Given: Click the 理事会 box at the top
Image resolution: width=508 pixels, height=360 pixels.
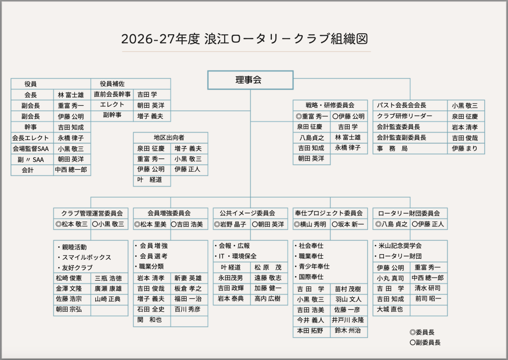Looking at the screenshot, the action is pos(250,80).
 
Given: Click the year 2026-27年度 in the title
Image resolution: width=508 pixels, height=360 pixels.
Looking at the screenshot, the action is pos(160,39).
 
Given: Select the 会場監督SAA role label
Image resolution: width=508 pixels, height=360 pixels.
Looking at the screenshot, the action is pos(31,148).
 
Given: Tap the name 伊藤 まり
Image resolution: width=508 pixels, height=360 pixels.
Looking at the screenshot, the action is pos(465,148).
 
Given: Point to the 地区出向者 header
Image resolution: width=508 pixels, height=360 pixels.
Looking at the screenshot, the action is pos(169,138).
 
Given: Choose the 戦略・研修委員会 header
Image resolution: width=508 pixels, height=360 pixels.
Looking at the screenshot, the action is pos(330,105).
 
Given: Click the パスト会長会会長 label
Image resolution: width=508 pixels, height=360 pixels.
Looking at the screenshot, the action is pos(401,105).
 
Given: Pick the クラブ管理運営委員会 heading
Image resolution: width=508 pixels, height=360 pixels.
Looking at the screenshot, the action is pos(92,213).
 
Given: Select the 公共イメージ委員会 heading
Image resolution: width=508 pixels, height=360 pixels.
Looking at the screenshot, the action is pos(247,213).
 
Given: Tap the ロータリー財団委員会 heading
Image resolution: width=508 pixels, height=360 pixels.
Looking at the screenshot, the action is pos(409,213).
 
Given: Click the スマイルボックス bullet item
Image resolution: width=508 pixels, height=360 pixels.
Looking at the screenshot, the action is pos(84,258).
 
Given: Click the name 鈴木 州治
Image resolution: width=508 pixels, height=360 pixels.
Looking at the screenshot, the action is pos(348,331).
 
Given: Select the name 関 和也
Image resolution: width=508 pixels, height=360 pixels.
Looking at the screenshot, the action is pos(149,320).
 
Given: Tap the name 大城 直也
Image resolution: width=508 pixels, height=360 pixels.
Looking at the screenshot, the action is pos(390,309).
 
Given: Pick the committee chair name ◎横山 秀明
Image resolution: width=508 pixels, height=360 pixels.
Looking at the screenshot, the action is pos(310,224).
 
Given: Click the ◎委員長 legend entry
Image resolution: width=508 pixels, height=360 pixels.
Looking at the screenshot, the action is pos(422,332).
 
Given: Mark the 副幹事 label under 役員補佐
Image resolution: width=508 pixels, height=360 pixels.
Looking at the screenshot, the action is pos(112,115).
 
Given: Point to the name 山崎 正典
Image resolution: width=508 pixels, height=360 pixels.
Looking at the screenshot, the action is pos(108,299).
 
